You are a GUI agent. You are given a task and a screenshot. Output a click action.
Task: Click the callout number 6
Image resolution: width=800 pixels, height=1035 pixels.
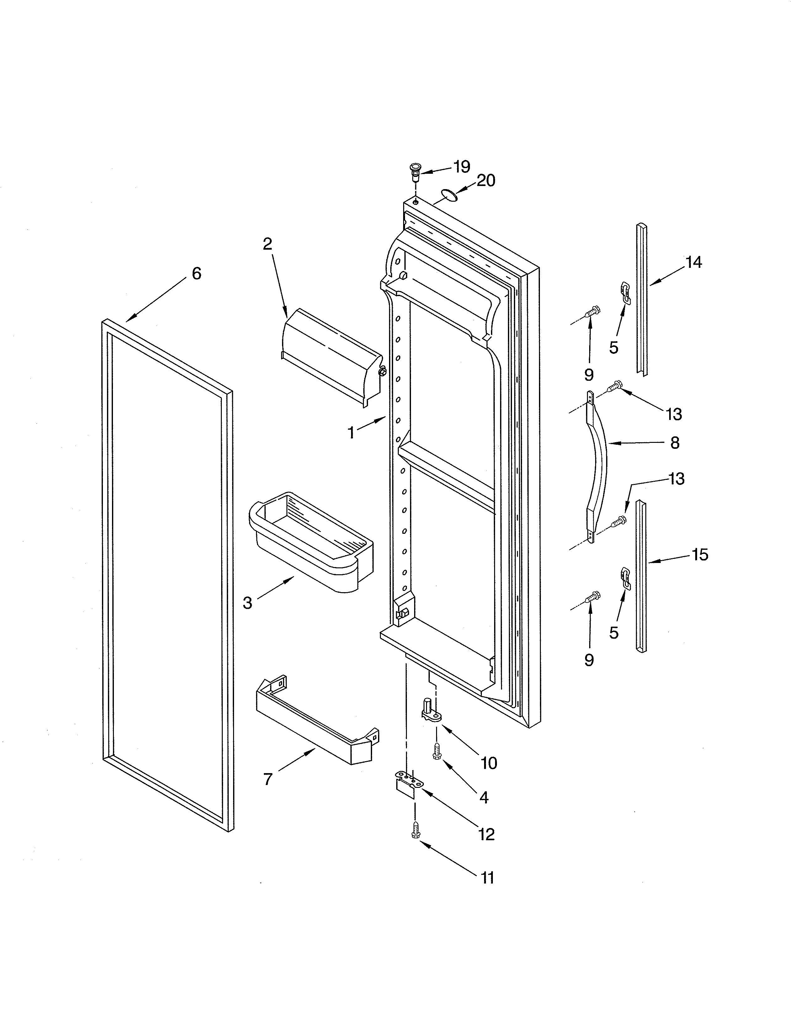coord(196,273)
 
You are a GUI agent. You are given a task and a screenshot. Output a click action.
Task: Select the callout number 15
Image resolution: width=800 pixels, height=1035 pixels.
coord(700,555)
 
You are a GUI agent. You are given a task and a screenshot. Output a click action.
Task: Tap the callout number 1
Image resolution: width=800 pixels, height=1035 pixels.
coord(351,433)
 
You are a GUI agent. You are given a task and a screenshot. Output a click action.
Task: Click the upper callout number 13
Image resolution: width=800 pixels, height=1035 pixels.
coord(674,414)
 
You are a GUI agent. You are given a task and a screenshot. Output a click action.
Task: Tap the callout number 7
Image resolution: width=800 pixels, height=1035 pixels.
coord(268,779)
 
